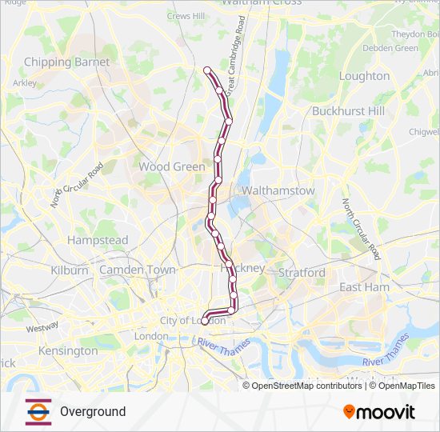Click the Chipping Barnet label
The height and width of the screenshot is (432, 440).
(60, 62)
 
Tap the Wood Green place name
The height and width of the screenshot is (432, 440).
(172, 166)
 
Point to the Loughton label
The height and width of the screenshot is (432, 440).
(364, 76)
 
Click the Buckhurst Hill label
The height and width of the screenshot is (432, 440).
(348, 110)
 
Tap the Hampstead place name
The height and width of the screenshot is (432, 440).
(98, 240)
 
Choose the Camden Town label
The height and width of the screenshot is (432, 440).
(137, 270)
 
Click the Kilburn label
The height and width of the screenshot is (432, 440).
(70, 270)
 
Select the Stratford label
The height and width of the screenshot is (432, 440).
(302, 273)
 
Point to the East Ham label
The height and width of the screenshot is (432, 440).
(364, 287)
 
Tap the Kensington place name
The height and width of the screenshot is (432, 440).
(67, 350)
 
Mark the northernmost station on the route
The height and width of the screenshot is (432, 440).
(208, 70)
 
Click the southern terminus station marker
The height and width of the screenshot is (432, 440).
(204, 322)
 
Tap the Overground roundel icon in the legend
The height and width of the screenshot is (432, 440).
(38, 411)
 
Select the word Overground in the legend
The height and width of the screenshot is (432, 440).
(92, 411)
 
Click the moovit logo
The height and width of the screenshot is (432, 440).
(379, 411)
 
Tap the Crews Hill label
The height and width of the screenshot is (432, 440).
(186, 15)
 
